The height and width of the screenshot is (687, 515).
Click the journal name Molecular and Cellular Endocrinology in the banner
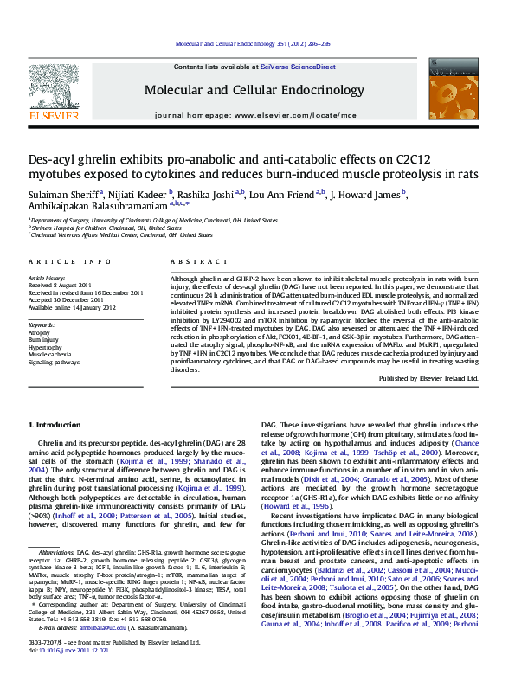254,90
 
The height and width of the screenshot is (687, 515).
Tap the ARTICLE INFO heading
69,261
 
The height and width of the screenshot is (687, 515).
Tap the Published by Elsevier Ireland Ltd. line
428,378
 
